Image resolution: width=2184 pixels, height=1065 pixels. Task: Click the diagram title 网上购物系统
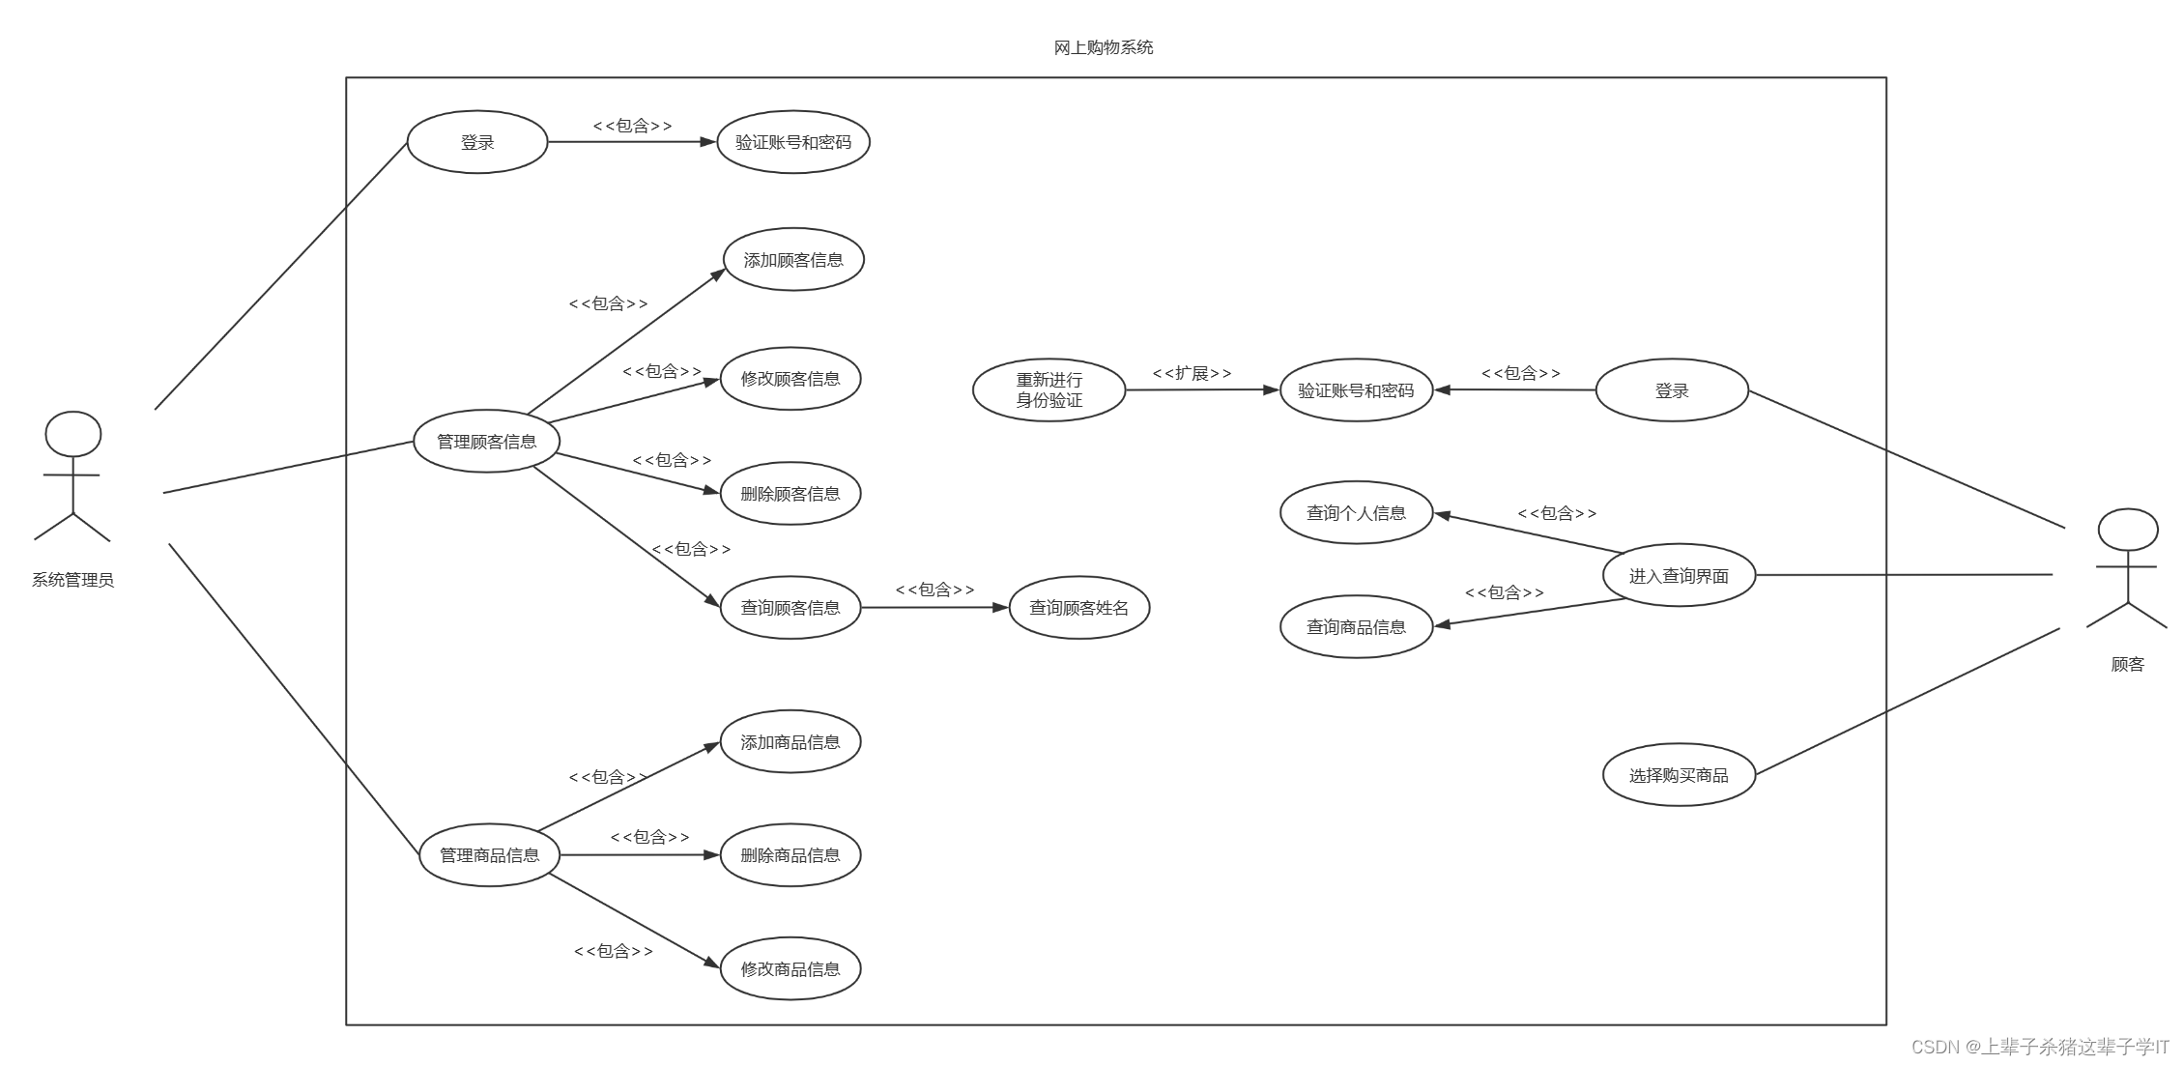[x=1103, y=47]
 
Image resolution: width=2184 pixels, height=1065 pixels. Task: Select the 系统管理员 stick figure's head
[x=73, y=434]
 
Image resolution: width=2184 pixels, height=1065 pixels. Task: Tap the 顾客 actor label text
[x=2127, y=665]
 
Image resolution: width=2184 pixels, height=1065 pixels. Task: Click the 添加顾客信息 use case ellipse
[x=793, y=260]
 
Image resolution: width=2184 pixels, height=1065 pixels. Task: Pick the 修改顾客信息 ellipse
[x=790, y=379]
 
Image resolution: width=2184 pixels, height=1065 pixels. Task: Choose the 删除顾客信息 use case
[x=790, y=494]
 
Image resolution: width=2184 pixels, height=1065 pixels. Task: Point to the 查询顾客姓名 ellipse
[x=1079, y=608]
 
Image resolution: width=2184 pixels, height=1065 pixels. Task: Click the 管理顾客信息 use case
[x=487, y=442]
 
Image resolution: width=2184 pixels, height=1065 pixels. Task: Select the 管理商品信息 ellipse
[x=490, y=855]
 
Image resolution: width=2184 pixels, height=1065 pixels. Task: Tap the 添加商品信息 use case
[x=790, y=742]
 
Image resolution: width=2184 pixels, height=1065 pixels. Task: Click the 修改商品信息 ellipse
[x=790, y=969]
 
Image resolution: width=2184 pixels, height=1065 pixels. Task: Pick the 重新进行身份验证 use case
[x=1049, y=390]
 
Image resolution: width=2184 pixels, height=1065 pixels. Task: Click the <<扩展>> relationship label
[x=1192, y=373]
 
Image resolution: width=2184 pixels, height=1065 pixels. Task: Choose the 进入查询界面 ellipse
[x=1679, y=576]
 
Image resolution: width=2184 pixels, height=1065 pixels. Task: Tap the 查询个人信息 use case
[x=1356, y=513]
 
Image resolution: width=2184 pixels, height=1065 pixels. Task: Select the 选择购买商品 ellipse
[x=1679, y=775]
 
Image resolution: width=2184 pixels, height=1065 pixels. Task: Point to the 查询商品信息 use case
[x=1356, y=627]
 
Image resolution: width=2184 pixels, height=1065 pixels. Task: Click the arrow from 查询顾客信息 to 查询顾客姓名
[x=934, y=608]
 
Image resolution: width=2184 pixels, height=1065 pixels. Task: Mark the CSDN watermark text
[x=2040, y=1047]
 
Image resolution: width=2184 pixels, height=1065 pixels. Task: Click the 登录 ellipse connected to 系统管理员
[x=477, y=142]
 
